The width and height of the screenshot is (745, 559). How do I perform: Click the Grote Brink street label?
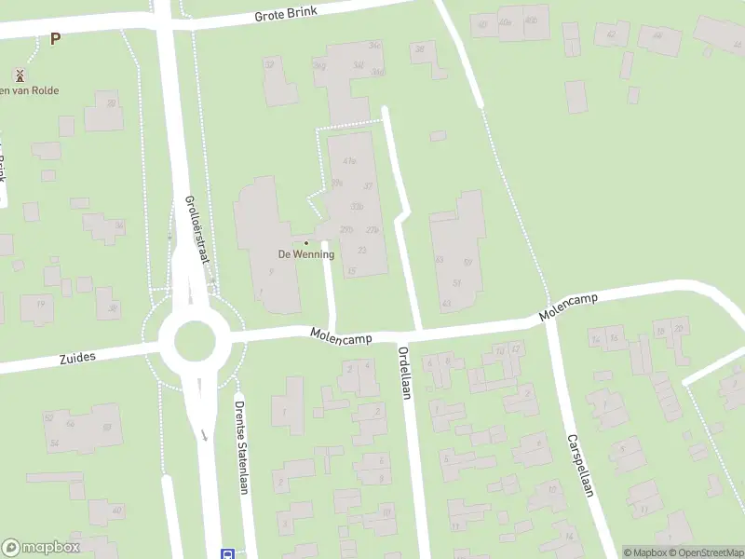pos(286,13)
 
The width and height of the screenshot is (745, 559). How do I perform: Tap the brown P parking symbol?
pos(55,39)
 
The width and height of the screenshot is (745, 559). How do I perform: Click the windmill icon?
pos(20,73)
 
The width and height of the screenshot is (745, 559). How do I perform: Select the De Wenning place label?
pos(306,254)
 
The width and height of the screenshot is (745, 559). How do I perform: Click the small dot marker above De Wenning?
pos(306,243)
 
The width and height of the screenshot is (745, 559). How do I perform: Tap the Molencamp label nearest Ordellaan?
pos(342,334)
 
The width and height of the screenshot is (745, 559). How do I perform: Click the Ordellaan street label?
pos(404,373)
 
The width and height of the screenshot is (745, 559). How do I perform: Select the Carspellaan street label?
pos(579,465)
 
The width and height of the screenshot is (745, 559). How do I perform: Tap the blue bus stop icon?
pos(227,553)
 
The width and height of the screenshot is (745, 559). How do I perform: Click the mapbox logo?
pos(41,548)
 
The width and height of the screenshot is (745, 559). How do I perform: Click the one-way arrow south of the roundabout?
pos(204,435)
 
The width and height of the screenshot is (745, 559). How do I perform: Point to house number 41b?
pos(350,160)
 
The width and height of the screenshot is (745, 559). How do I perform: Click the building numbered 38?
pos(420,49)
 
